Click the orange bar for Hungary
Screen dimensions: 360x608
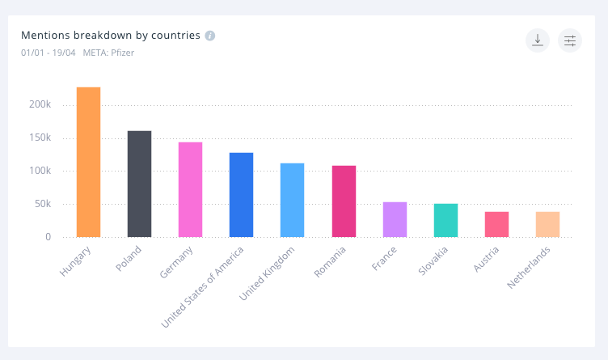88,162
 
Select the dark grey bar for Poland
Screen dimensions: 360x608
139,184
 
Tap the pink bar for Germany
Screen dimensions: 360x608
190,189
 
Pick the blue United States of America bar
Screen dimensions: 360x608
241,195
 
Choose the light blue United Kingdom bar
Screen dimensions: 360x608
292,200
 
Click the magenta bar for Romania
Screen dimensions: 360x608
344,201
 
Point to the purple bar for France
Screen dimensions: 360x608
395,219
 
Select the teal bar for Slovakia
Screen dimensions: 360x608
445,220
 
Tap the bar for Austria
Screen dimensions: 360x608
496,224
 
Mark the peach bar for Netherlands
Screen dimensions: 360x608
547,224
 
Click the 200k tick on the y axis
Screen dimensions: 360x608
40,105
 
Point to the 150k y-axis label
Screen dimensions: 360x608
40,138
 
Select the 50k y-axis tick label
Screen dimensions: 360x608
42,204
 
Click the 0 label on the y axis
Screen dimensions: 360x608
48,237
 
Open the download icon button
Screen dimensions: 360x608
538,40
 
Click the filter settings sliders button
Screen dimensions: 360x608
570,40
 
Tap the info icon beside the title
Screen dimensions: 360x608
210,36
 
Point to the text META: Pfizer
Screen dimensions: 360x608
110,53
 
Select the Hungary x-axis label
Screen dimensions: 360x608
76,263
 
